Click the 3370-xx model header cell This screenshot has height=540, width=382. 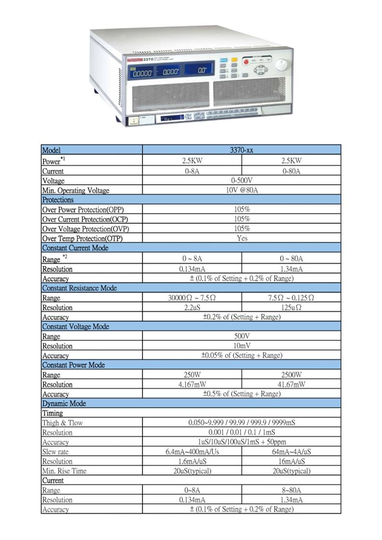(x=242, y=150)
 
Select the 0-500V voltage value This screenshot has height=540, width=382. (x=242, y=181)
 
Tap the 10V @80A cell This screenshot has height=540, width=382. (x=242, y=190)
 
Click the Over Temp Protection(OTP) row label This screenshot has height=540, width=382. (x=86, y=238)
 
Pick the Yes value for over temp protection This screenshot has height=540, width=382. (x=242, y=238)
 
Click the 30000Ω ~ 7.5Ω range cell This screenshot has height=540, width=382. (x=191, y=298)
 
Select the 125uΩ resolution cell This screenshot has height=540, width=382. (x=291, y=308)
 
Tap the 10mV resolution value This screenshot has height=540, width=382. (x=242, y=346)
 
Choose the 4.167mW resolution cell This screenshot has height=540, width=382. (x=191, y=385)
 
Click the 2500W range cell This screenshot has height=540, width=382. (x=291, y=375)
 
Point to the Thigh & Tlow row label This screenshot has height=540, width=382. (x=62, y=423)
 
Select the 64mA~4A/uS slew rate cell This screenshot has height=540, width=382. (x=291, y=452)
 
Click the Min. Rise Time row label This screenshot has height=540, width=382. (x=64, y=471)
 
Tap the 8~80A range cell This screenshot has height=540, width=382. (x=291, y=490)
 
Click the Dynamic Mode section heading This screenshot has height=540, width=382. (x=64, y=404)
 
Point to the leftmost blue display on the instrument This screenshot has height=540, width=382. (x=142, y=73)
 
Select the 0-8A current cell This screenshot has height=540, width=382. (x=191, y=171)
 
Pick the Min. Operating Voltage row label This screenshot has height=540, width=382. (x=76, y=190)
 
